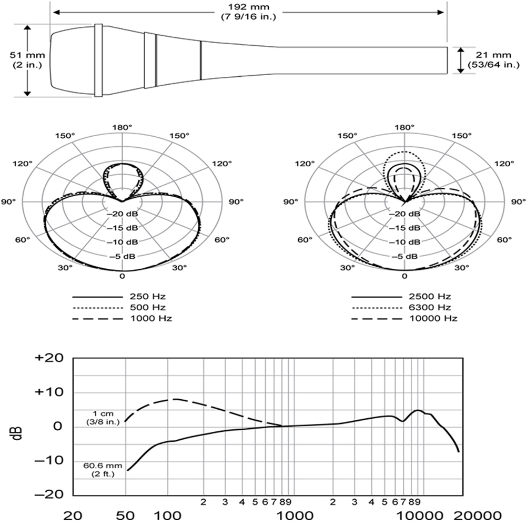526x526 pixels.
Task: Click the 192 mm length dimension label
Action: tap(249, 12)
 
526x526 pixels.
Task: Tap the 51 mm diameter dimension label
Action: tap(27, 60)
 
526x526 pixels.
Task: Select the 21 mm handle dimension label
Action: tap(493, 60)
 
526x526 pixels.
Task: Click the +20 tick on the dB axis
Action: tap(49, 358)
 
